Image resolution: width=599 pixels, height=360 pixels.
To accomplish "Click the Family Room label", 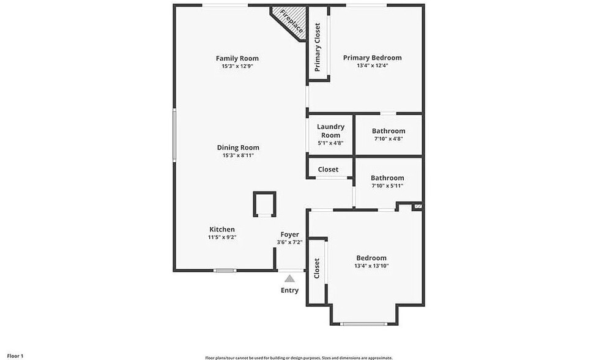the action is (237, 59).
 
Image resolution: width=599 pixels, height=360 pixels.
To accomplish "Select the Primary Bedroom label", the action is (372, 58).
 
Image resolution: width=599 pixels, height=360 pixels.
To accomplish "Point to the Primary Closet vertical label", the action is (318, 47).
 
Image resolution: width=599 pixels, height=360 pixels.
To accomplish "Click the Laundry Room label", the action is (330, 130).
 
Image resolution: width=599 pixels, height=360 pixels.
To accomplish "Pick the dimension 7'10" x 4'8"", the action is (389, 139).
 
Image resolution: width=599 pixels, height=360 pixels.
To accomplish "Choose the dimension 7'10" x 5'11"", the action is (387, 186).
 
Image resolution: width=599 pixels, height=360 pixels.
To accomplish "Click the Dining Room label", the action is (238, 148).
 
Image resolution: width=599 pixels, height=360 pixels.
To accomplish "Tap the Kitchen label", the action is (222, 230).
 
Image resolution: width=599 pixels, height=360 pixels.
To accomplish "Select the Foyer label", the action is (289, 234).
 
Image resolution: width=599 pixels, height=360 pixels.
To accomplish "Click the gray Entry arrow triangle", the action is (289, 279).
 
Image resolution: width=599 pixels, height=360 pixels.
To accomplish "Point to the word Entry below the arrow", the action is (289, 290).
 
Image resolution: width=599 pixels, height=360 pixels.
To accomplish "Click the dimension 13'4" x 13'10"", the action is (371, 266).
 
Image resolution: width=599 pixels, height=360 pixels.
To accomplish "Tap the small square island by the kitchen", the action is (264, 204).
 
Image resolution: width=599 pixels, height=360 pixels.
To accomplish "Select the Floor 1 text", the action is (15, 356).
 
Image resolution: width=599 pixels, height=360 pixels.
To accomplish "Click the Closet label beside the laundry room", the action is (328, 170).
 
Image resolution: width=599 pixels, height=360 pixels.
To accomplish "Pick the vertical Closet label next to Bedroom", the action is (317, 269).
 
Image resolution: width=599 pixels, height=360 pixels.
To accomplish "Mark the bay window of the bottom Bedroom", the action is (363, 324).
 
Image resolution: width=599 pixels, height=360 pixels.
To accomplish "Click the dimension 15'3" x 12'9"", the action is (237, 66).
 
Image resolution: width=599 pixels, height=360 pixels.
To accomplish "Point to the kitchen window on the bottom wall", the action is (225, 271).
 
